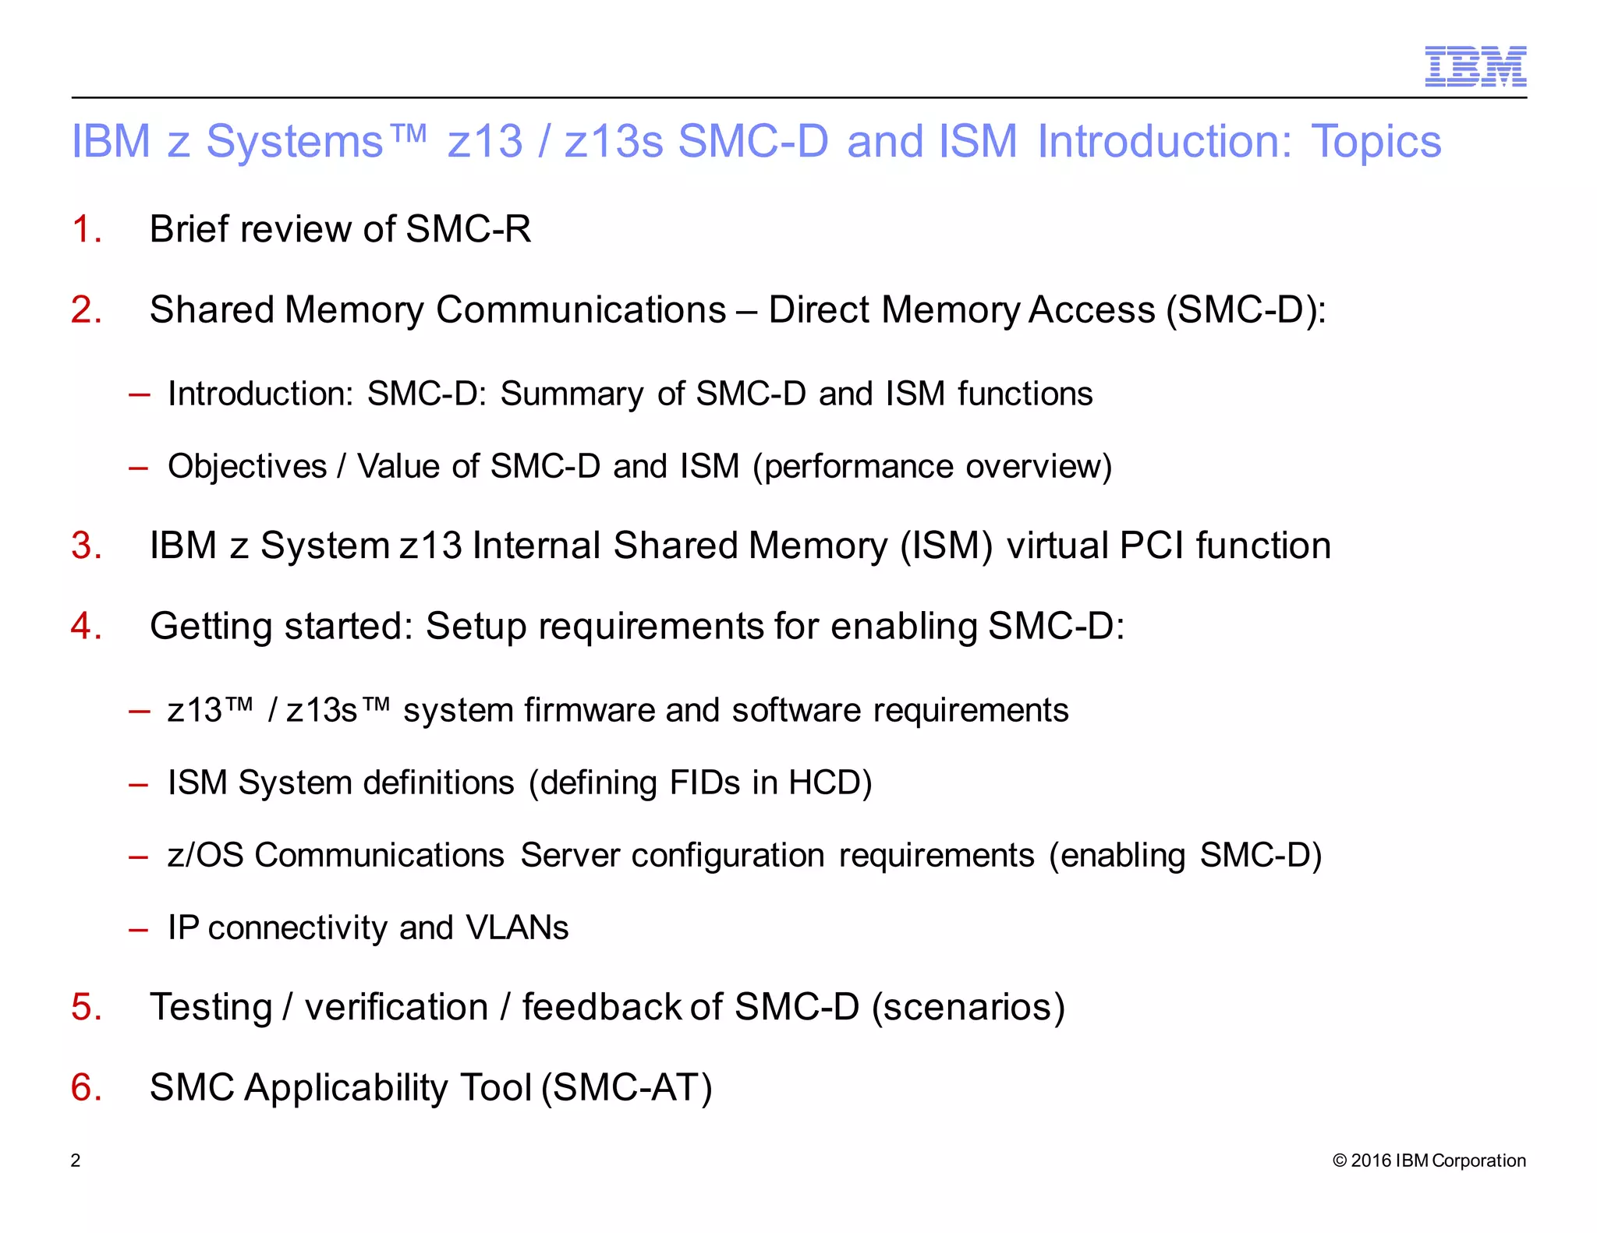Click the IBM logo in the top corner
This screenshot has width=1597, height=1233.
pos(1475,66)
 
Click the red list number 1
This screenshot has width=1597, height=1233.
pos(86,229)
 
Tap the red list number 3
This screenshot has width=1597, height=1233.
pos(86,546)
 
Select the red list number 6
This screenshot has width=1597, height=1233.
pos(86,1087)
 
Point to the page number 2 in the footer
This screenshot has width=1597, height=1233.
pos(76,1161)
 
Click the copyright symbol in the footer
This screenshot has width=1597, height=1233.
pos(1340,1161)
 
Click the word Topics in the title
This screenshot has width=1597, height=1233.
pos(1376,142)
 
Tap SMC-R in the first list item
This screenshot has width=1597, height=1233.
pos(468,229)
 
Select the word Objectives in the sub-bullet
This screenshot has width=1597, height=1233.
pos(247,467)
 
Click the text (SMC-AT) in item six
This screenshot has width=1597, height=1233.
pos(627,1087)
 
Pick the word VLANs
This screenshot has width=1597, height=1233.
pos(517,928)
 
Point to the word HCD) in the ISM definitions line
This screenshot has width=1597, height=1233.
pos(830,783)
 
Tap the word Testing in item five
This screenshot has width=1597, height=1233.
pos(211,1007)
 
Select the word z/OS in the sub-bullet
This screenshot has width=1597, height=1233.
pos(205,856)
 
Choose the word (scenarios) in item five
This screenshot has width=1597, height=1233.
pos(968,1007)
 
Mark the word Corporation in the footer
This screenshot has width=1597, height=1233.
pos(1478,1161)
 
